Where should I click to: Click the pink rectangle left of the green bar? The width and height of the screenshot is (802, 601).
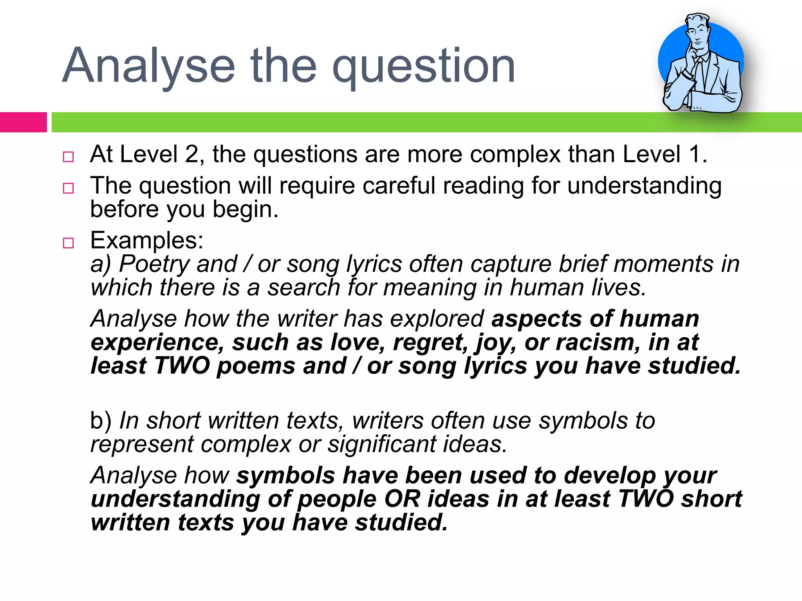click(x=23, y=122)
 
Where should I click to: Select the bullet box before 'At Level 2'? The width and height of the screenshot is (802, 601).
click(x=68, y=157)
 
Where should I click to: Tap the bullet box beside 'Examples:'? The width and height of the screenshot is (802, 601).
click(x=68, y=243)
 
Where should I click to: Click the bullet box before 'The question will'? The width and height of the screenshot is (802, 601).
click(x=68, y=188)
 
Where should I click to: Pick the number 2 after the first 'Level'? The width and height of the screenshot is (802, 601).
click(x=192, y=154)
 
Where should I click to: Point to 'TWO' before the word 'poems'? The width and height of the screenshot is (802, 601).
click(x=182, y=366)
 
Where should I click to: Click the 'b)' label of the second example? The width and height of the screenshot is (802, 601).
click(x=101, y=421)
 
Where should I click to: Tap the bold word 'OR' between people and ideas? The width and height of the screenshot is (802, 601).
click(x=402, y=499)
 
